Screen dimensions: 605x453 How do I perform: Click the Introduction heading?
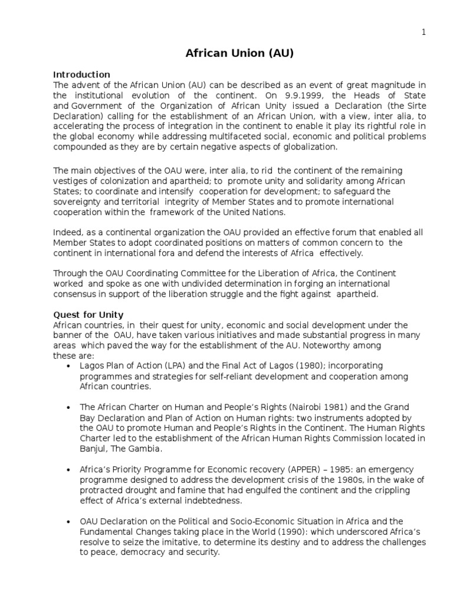click(x=81, y=74)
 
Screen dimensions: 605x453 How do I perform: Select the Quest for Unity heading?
click(x=88, y=315)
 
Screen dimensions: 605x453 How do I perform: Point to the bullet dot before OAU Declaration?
click(x=69, y=522)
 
